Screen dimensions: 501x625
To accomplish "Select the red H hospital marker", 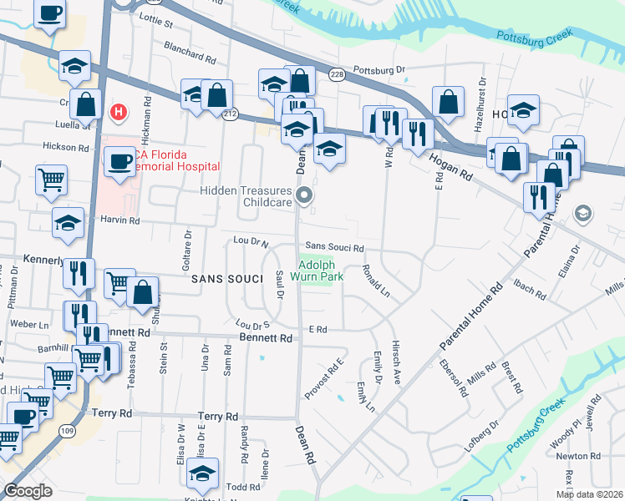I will coord(119,111).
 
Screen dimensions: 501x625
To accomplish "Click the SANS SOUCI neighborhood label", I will coord(223,279).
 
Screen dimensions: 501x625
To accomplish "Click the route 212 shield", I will coord(231,114).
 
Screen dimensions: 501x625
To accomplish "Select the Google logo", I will coord(28,490).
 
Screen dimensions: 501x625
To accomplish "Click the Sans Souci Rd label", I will coord(334,248).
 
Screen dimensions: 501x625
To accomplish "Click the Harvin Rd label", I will coord(122,220).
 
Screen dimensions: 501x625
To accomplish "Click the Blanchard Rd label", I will coord(190,53).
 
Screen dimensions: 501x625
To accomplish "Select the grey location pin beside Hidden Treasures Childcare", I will coord(306,196).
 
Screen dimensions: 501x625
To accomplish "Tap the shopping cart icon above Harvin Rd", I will coord(51,178).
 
